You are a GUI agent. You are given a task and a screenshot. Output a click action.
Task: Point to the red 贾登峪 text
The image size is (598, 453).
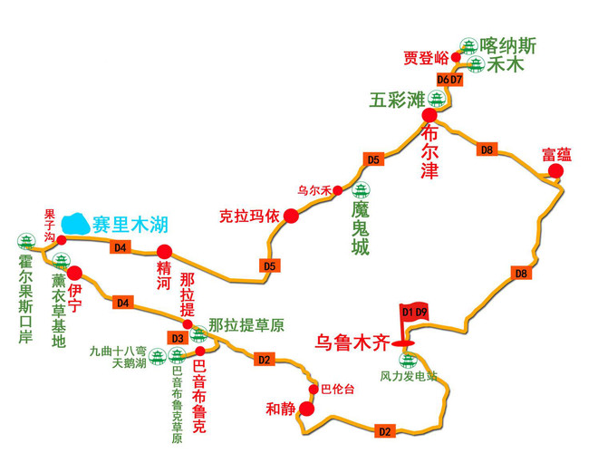tap(426, 58)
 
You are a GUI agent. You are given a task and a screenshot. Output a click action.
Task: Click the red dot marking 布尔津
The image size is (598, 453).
tap(430, 116)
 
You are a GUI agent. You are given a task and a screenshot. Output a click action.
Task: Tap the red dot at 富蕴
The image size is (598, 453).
tap(555, 170)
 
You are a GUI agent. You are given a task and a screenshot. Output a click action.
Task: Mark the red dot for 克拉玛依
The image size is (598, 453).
tap(291, 216)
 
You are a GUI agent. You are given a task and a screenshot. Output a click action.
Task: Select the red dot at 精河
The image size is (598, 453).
tap(164, 252)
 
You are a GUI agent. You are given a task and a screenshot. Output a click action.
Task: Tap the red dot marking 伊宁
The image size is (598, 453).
tap(75, 272)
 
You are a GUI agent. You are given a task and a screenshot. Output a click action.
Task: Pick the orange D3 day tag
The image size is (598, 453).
tap(178, 339)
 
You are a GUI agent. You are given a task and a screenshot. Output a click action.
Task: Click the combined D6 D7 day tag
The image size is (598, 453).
tap(449, 80)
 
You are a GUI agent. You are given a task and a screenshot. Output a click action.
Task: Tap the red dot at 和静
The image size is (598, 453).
tap(306, 410)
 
